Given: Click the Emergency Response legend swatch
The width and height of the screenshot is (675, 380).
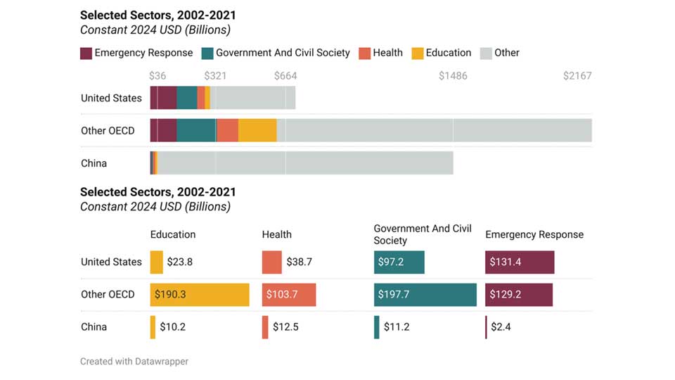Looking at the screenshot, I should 86,53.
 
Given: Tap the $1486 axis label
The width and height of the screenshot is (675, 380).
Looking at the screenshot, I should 452,76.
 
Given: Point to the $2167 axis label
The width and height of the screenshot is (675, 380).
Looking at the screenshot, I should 577,76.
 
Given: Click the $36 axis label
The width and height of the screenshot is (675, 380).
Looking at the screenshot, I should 157,76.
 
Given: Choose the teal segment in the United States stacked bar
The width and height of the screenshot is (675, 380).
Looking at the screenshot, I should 187,98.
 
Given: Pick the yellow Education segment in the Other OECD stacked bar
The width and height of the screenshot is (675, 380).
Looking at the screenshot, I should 257,130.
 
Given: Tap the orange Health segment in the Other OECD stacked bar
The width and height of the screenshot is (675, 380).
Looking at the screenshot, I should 227,130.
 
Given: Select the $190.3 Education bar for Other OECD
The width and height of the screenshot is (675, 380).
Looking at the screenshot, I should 200,294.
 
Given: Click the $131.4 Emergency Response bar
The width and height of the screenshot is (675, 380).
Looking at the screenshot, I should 520,262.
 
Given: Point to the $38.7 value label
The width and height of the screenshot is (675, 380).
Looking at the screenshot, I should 299,262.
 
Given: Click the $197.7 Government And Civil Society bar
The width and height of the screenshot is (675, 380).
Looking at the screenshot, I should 425,294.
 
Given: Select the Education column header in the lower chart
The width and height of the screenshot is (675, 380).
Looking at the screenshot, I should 173,234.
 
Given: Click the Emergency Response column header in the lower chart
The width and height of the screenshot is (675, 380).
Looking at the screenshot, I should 534,234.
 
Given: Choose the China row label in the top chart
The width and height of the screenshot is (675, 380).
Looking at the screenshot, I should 94,163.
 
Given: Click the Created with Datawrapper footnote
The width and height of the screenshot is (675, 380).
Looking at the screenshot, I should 134,361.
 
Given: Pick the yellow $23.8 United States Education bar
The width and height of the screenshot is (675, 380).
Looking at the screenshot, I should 157,262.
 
